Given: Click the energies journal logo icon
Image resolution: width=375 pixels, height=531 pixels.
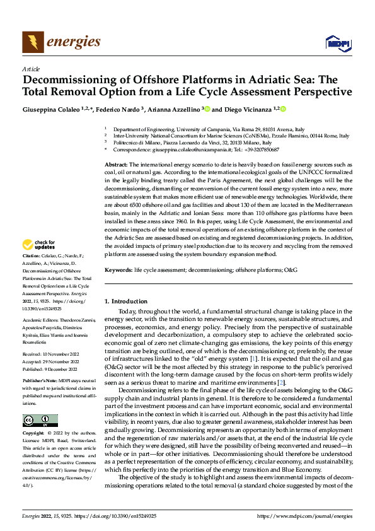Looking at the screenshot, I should [32, 42].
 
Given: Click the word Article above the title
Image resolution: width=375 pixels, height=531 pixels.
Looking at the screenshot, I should [30, 69].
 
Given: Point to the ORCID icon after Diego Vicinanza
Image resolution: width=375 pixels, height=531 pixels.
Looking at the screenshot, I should [283, 109].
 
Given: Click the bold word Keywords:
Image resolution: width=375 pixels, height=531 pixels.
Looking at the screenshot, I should [119, 269].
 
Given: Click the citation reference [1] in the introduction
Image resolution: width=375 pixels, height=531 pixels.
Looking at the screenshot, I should [253, 358].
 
